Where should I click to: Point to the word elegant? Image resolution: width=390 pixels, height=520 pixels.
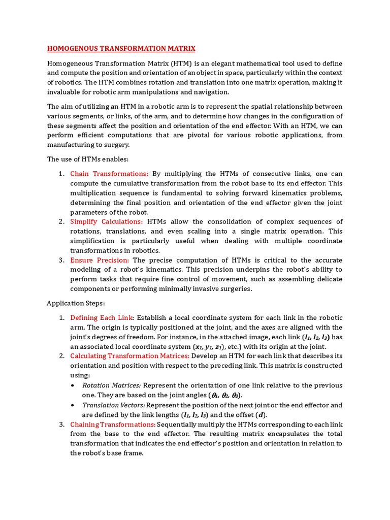click(225, 63)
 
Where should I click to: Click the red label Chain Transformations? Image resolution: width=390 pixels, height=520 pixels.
click(109, 174)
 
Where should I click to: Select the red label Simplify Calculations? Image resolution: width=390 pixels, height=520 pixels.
click(107, 221)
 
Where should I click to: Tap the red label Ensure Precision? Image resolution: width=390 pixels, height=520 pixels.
click(100, 260)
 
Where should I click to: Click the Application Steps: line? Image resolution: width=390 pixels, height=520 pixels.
click(76, 303)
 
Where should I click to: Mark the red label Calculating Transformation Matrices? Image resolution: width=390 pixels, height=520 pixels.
click(129, 356)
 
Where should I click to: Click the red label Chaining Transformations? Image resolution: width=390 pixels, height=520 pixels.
click(113, 424)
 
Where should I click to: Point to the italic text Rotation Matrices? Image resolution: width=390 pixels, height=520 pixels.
click(111, 385)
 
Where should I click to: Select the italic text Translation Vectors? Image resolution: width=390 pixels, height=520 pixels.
click(114, 405)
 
